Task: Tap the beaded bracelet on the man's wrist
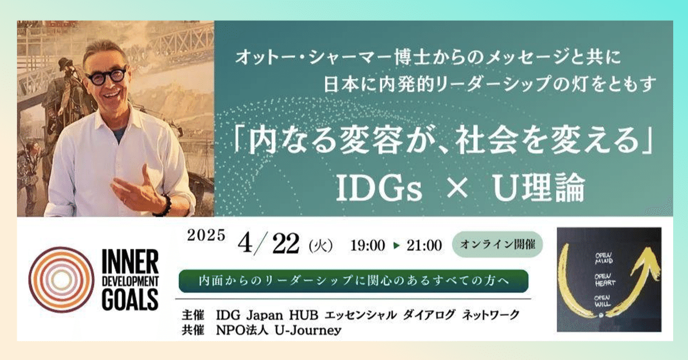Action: [x=166, y=205]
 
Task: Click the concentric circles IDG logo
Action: [x=61, y=280]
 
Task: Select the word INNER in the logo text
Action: [x=130, y=261]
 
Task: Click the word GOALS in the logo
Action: [x=130, y=299]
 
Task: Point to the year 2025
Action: [x=206, y=236]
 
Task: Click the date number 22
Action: [x=286, y=244]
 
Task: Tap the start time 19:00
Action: [x=368, y=245]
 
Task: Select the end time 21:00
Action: [x=424, y=245]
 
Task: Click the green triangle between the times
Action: [x=397, y=245]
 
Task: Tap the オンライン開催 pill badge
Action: [x=497, y=245]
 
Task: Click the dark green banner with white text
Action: [x=354, y=281]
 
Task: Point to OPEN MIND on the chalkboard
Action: [x=604, y=259]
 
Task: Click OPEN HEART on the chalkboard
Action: [x=604, y=280]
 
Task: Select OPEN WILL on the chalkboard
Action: [x=602, y=301]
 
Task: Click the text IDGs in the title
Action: [x=379, y=187]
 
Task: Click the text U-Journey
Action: [x=308, y=331]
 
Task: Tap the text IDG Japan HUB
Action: [x=267, y=315]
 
